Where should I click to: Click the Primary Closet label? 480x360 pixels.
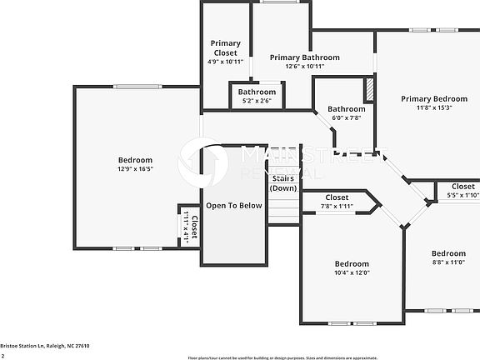[x=225, y=48]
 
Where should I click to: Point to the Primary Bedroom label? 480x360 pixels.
[x=433, y=98]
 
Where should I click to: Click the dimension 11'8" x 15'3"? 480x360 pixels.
[x=433, y=107]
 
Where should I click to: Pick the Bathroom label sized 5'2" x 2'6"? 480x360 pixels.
[x=257, y=92]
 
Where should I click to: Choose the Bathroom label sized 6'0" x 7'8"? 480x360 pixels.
[x=346, y=109]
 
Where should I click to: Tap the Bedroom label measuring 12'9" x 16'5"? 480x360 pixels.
[x=135, y=160]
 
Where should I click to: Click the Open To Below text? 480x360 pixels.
[x=234, y=206]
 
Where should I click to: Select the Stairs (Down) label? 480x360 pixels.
[x=283, y=182]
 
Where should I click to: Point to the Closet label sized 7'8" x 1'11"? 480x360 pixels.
[x=337, y=197]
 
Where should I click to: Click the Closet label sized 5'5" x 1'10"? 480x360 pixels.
[x=462, y=187]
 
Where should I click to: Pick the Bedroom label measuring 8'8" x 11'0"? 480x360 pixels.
[x=448, y=253]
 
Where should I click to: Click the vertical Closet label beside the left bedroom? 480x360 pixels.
[x=194, y=227]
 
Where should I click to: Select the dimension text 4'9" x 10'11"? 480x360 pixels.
[x=225, y=62]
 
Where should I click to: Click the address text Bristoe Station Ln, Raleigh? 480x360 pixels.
[x=45, y=345]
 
